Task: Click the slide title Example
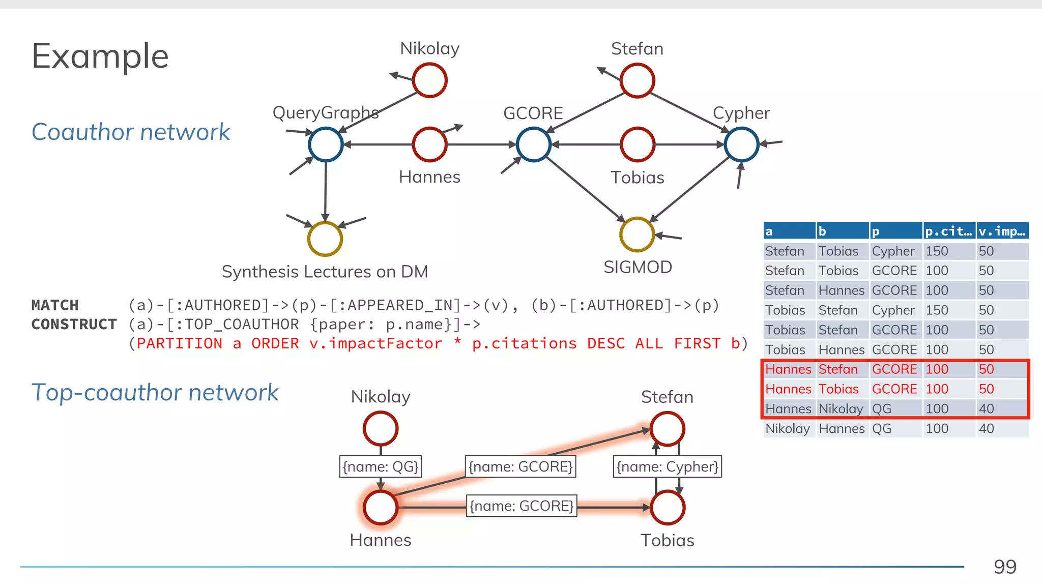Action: coord(100,56)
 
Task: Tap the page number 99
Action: coord(1004,567)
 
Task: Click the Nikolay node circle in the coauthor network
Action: coord(430,80)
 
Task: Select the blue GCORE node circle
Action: coord(533,144)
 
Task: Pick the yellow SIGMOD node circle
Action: coord(636,235)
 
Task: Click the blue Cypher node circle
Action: coord(741,144)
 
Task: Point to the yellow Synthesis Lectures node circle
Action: coord(325,239)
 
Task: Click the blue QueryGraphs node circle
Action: coord(326,144)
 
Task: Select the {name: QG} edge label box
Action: coord(381,466)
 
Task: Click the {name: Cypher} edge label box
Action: coord(667,466)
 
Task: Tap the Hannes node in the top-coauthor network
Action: coord(381,508)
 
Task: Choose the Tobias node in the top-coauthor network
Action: coord(667,508)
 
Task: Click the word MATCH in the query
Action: coord(55,305)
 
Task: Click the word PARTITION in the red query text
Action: coord(180,343)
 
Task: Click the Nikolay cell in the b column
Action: coord(841,409)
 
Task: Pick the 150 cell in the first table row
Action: coord(937,251)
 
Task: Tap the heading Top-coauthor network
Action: coord(155,393)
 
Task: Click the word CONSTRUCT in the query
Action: coord(74,325)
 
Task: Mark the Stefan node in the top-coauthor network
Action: coord(667,429)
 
